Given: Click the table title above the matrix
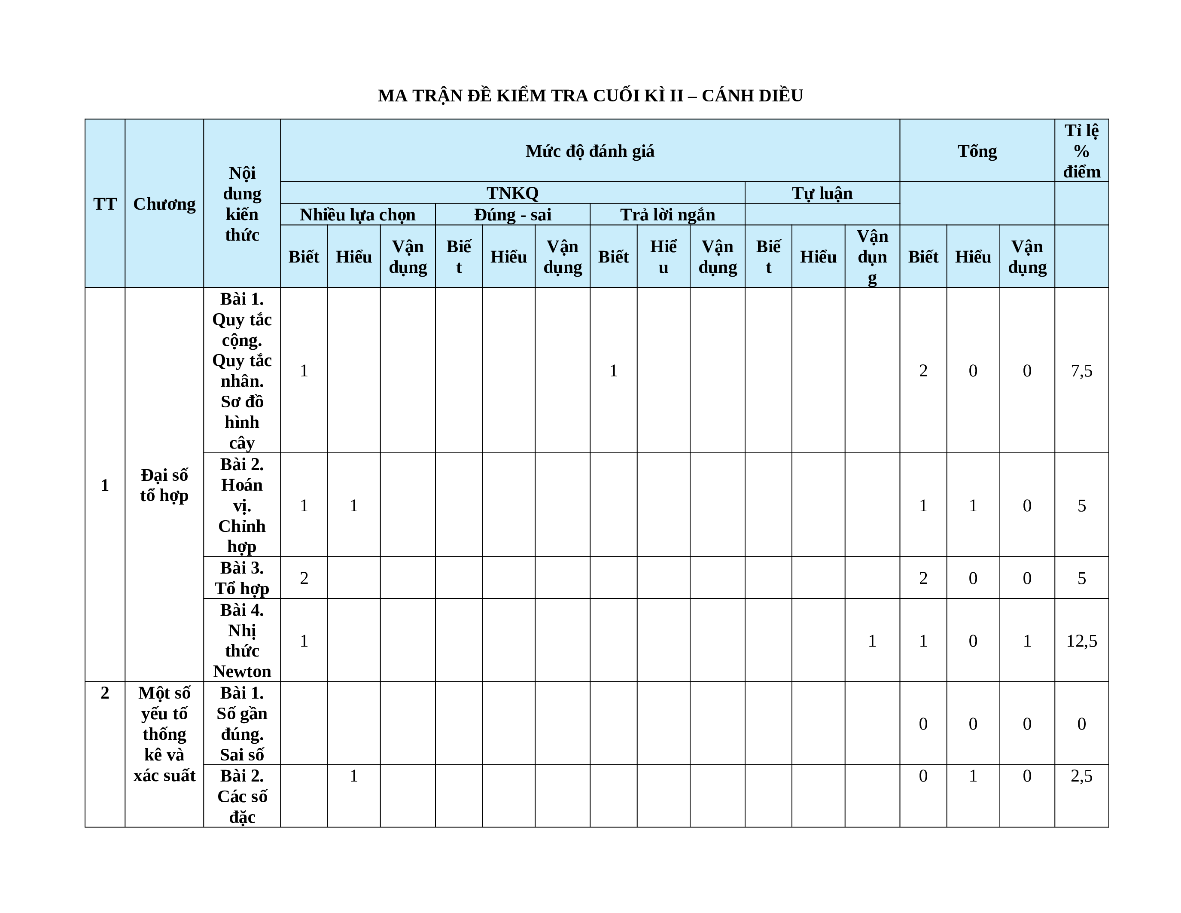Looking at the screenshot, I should pos(590,96).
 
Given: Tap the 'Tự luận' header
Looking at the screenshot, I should pos(822,193).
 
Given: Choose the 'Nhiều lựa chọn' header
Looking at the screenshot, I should pos(357,215).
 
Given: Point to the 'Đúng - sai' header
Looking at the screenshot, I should pos(513,215).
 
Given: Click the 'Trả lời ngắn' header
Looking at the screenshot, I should pos(667,215).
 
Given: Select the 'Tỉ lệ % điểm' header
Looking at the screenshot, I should pos(1081,151).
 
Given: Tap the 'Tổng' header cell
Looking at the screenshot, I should pos(977,151).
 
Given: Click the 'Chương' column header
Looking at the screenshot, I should pos(164,204).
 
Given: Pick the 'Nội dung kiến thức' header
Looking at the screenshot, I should pos(242,204).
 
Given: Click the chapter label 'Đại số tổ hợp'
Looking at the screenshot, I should pos(164,485).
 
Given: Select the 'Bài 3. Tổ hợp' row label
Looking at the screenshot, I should pos(242,577).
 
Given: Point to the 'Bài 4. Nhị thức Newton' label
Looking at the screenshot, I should pos(242,641).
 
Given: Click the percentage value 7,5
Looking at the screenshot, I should pos(1081,370).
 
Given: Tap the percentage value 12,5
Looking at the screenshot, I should pos(1081,641).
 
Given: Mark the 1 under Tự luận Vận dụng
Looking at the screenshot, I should pos(872,641).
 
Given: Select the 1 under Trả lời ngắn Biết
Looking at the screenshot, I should pos(613,370).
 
